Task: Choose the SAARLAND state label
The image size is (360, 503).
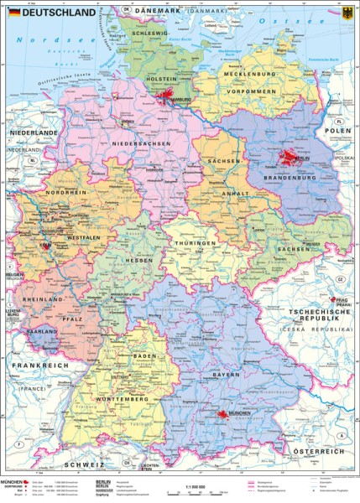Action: click(x=42, y=332)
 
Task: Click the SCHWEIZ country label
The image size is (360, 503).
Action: click(x=87, y=464)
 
